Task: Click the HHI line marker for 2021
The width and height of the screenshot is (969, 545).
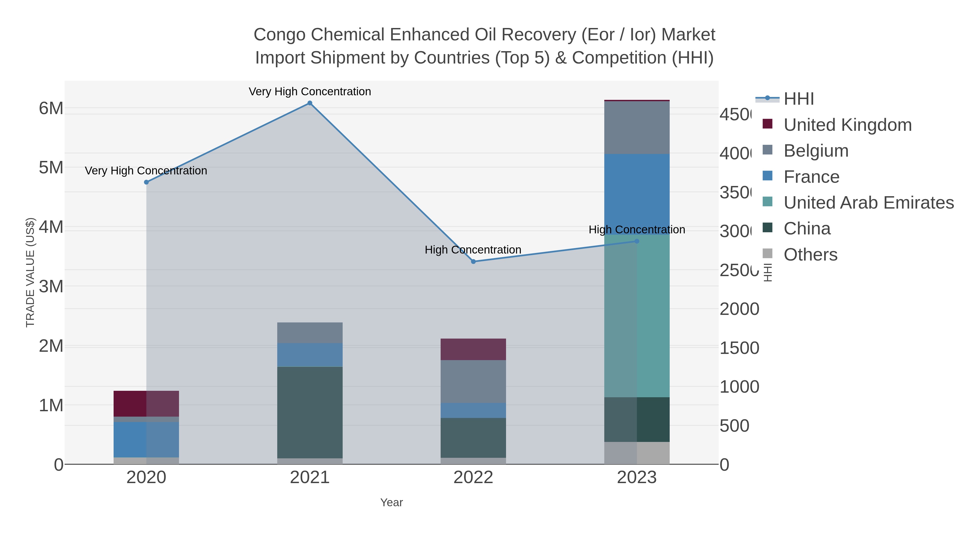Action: [x=310, y=103]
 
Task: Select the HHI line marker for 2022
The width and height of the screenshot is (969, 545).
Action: [x=473, y=261]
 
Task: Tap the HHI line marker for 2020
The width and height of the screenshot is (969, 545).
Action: [x=146, y=182]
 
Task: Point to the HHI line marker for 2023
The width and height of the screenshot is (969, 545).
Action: [x=637, y=241]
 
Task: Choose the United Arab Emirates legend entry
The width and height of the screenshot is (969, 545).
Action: [x=868, y=203]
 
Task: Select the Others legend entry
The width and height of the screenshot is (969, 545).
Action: [x=810, y=255]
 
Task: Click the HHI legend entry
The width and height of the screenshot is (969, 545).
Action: [x=798, y=99]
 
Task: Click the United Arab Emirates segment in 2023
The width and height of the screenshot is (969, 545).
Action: [x=637, y=316]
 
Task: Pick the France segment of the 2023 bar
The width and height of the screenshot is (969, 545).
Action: [x=637, y=194]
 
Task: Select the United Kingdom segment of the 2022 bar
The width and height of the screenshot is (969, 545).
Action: [x=473, y=349]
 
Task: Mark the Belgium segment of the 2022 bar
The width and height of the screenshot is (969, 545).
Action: [x=473, y=381]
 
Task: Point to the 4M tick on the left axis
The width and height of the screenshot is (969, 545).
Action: [x=51, y=227]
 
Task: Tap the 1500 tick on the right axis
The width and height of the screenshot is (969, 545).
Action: [x=739, y=348]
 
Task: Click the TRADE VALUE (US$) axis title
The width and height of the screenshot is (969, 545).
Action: [x=30, y=272]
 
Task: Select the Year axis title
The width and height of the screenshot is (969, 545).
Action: [x=391, y=502]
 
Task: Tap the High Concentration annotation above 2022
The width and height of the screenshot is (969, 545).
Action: [x=473, y=250]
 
